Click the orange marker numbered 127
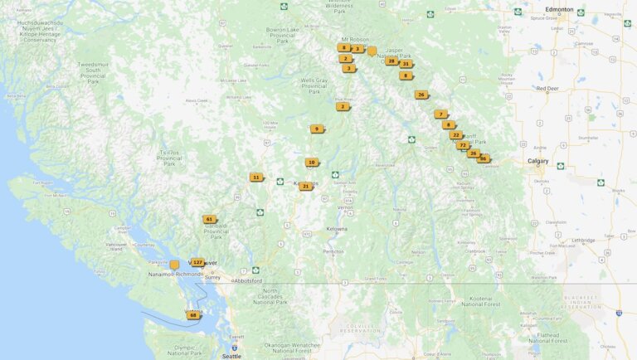197,262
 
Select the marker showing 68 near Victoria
193,315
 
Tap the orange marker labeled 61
209,219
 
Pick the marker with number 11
256,177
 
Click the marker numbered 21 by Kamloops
306,186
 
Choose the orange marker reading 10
311,162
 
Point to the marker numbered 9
316,129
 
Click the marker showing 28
391,61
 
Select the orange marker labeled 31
406,63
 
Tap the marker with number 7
440,114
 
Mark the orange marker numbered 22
455,134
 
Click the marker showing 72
462,144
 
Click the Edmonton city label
560,9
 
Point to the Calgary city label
538,161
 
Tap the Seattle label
231,355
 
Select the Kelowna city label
337,228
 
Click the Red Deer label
547,88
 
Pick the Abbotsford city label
248,280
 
